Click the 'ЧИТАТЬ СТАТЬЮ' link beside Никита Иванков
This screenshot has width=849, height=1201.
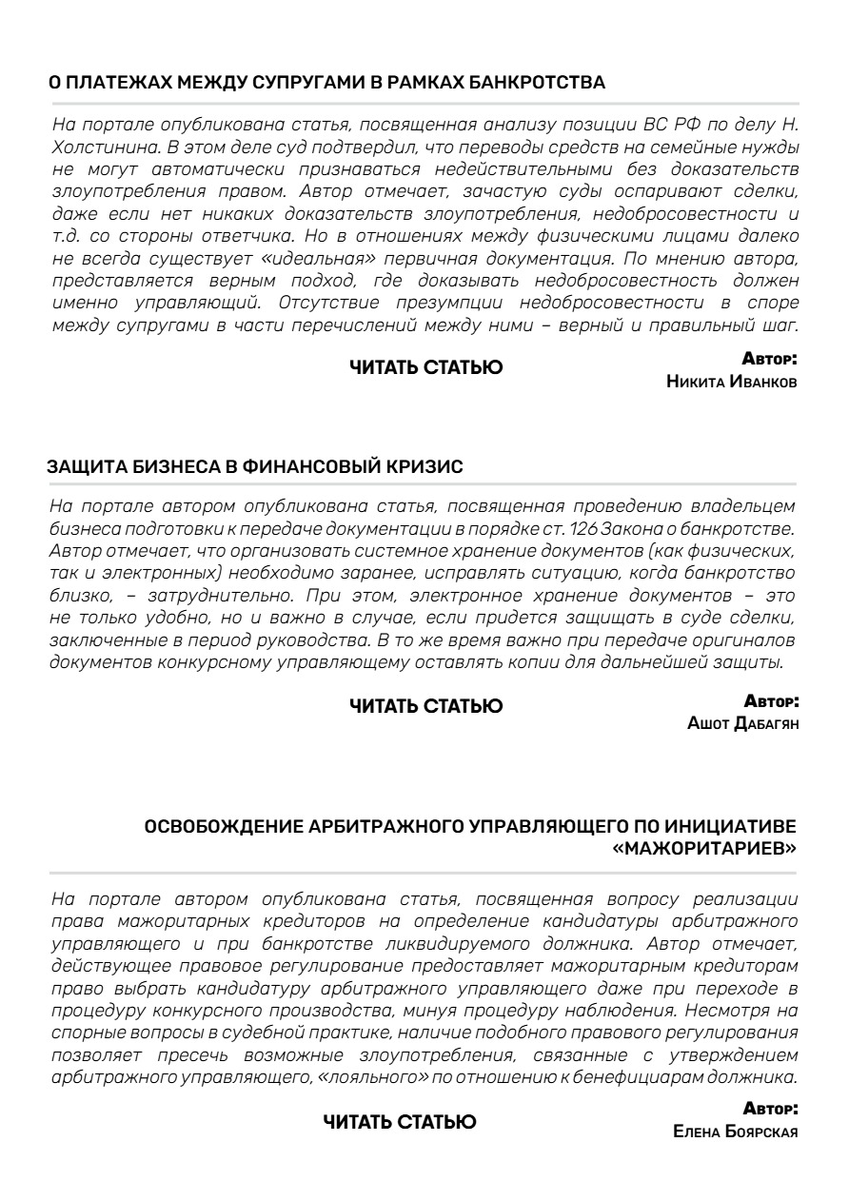pos(425,367)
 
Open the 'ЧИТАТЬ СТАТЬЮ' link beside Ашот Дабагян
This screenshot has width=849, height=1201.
pos(425,706)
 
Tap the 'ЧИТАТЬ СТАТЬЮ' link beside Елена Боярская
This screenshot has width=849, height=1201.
pos(400,1122)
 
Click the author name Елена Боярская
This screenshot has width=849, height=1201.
pos(735,1132)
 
